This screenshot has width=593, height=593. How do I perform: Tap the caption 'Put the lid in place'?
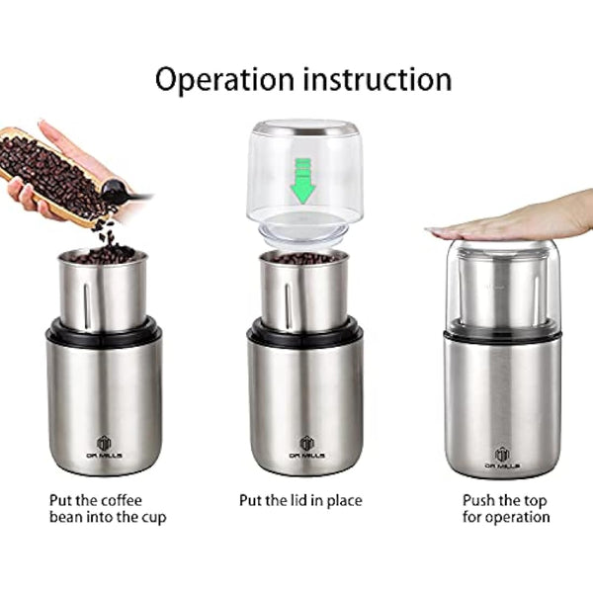click(x=300, y=501)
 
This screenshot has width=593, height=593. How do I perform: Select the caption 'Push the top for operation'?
click(x=505, y=509)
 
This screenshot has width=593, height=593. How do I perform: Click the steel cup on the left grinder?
click(x=103, y=292)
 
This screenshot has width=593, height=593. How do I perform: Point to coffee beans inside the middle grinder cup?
click(x=303, y=258)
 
